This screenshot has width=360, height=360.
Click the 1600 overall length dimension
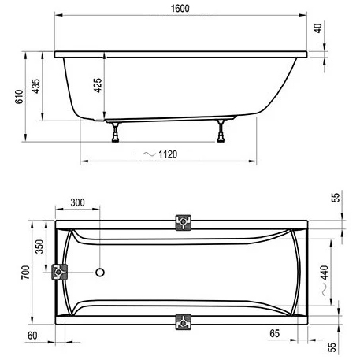pyautogui.click(x=180, y=9)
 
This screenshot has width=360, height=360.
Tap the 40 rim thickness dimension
pyautogui.click(x=318, y=28)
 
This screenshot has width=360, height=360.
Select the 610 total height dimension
pyautogui.click(x=19, y=97)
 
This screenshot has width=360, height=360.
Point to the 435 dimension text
pyautogui.click(x=35, y=86)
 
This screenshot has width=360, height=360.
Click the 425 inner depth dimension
pyautogui.click(x=98, y=85)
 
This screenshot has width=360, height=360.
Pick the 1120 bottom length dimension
pyautogui.click(x=168, y=154)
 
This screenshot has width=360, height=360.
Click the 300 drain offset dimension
pyautogui.click(x=78, y=202)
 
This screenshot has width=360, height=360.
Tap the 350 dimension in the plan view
pyautogui.click(x=39, y=247)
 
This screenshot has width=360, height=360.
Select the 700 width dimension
pyautogui.click(x=25, y=273)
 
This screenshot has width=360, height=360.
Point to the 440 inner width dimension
pyautogui.click(x=325, y=273)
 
